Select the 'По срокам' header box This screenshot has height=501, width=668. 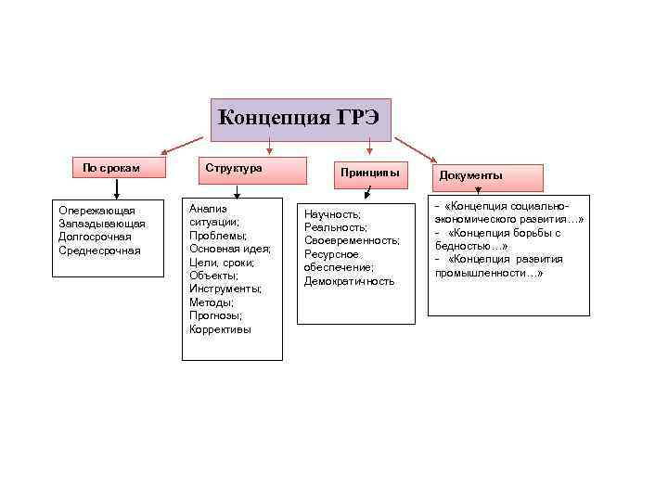tap(111, 168)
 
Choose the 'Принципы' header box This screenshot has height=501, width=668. tap(369, 173)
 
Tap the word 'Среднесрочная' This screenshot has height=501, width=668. tap(99, 250)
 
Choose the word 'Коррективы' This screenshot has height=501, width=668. tap(220, 329)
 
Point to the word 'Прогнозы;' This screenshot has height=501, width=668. tap(216, 315)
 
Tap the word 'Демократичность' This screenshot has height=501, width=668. tap(350, 281)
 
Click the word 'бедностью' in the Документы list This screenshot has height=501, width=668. tap(465, 246)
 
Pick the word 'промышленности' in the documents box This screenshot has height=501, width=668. tap(479, 274)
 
